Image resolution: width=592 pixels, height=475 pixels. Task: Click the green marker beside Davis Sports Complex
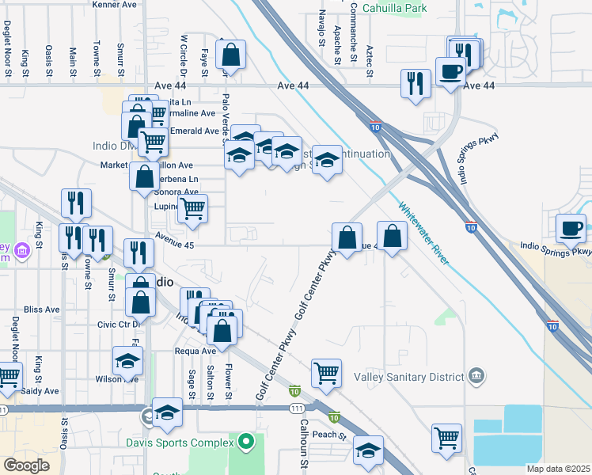(x=246, y=441)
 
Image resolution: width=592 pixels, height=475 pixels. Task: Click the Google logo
(x=26, y=465)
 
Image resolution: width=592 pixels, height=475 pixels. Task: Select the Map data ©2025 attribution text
(x=558, y=469)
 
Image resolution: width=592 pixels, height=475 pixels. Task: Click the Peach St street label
(x=329, y=435)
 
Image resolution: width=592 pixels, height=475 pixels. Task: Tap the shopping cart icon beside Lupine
(x=193, y=209)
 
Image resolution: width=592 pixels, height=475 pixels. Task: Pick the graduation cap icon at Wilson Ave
(x=127, y=362)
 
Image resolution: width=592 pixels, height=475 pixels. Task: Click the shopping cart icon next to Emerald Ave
(x=153, y=142)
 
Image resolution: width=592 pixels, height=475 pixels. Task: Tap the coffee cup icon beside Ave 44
(x=450, y=70)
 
